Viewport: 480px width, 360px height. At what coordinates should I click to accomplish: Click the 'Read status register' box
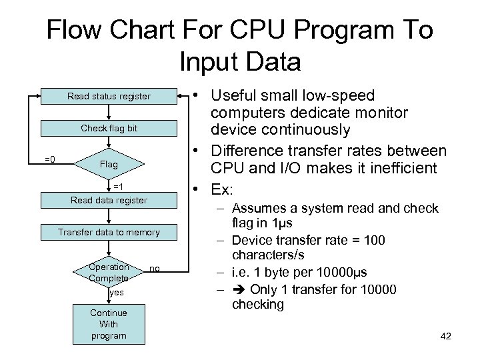click(109, 97)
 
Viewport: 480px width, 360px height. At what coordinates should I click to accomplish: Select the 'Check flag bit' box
click(109, 128)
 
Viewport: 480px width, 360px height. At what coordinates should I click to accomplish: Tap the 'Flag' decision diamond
click(108, 164)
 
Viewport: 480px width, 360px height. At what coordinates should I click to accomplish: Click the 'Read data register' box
click(109, 200)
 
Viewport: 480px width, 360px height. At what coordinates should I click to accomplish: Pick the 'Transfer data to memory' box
click(109, 232)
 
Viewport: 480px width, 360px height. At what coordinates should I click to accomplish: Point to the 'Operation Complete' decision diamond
click(109, 272)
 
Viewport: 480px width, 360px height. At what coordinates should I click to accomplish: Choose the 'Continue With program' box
click(109, 324)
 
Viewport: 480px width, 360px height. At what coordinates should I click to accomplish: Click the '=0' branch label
click(49, 159)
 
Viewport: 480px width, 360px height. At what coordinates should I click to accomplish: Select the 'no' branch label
click(155, 268)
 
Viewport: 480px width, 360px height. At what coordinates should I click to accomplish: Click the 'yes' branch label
click(117, 293)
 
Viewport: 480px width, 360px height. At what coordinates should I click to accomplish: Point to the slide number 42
click(446, 336)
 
